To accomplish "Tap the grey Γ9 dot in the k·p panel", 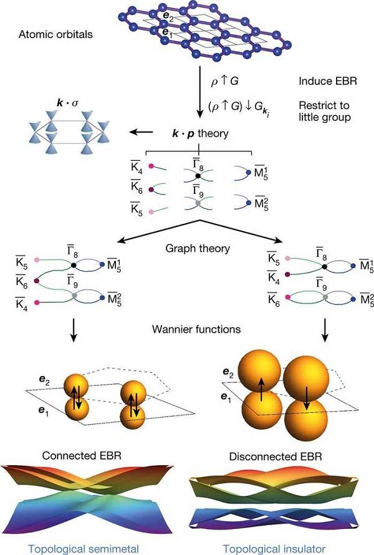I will point(198,204).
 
